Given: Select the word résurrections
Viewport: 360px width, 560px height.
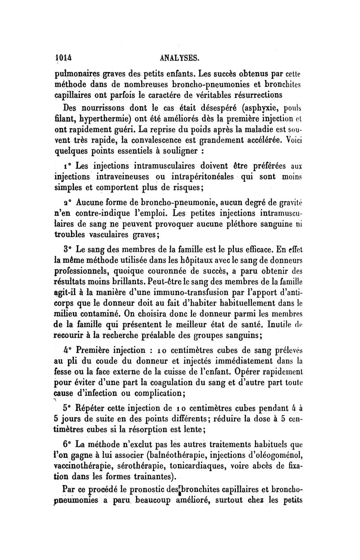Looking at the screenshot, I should click(254, 95).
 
